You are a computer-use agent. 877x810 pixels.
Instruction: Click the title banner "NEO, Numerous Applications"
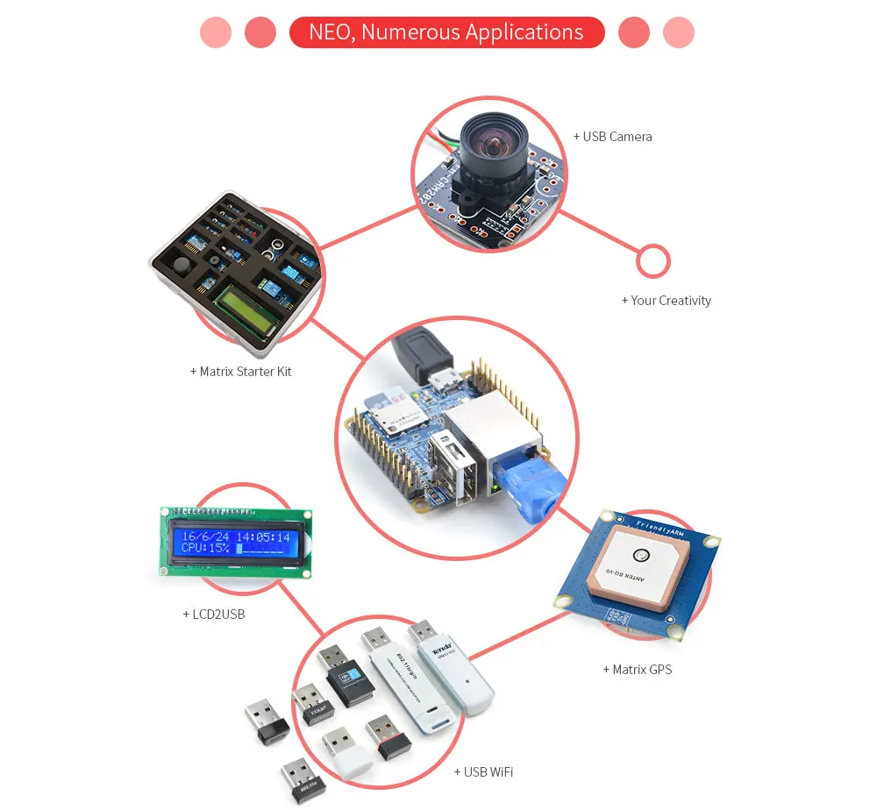click(446, 32)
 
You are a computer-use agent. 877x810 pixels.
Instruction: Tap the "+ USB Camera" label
click(612, 137)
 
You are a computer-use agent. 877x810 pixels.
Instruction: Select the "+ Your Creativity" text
click(666, 301)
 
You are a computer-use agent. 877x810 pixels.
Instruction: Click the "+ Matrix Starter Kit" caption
click(240, 372)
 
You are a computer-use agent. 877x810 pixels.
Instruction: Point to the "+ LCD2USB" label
click(213, 615)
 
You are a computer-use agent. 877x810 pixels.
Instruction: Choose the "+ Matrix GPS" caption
click(637, 670)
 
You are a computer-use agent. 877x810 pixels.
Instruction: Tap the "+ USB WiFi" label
click(483, 772)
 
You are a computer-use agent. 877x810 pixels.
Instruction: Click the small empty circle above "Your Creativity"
click(652, 261)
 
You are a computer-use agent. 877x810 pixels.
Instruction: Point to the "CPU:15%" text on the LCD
click(205, 549)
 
